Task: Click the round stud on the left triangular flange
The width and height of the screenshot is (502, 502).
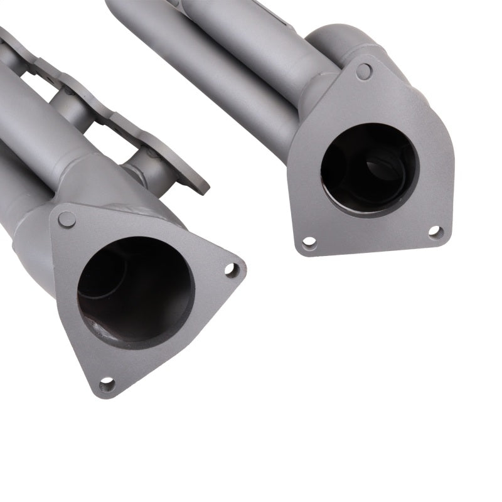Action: (66, 219)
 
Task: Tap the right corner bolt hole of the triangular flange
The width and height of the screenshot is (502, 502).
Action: (231, 270)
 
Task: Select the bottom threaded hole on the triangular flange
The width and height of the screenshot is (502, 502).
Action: (107, 383)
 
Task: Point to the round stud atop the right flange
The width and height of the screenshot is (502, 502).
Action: (363, 71)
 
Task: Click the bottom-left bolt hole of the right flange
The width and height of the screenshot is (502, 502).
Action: (309, 242)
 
